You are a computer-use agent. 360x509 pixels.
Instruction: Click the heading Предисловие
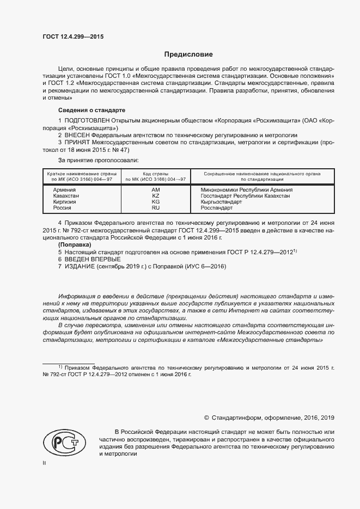(189, 55)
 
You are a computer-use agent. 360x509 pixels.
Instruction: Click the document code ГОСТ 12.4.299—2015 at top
(73, 36)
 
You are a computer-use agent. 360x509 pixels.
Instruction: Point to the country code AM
(156, 189)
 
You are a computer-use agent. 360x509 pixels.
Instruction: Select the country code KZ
(156, 195)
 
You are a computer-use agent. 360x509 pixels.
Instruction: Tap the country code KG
(156, 201)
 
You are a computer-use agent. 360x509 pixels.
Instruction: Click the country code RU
(156, 207)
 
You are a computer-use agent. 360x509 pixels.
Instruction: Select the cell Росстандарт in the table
(217, 207)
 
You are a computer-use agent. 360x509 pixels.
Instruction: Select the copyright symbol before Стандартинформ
(207, 418)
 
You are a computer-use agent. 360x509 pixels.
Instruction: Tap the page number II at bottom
(45, 463)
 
